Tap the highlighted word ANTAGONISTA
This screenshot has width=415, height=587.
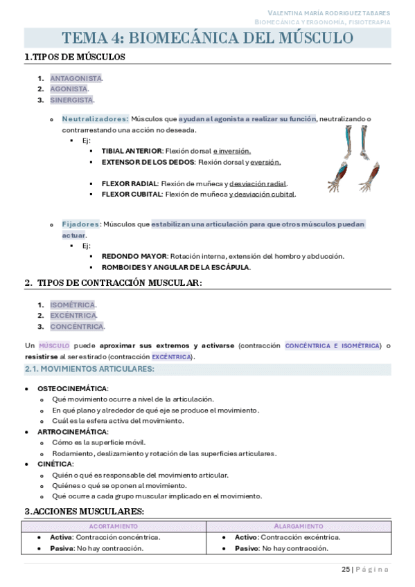click(x=76, y=78)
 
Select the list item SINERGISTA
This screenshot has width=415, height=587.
click(x=71, y=100)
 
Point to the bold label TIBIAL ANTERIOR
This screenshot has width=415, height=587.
click(x=132, y=151)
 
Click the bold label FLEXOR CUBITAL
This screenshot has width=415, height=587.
click(x=132, y=195)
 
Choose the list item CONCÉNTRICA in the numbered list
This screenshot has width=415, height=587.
click(x=76, y=326)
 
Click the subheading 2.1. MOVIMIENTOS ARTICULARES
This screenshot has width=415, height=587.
click(x=89, y=369)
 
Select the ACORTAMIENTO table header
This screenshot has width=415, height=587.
click(x=114, y=526)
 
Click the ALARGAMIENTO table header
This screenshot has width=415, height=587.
click(x=298, y=526)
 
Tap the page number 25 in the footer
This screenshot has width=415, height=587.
click(x=346, y=570)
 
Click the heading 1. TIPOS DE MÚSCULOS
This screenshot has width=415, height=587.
click(x=75, y=57)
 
